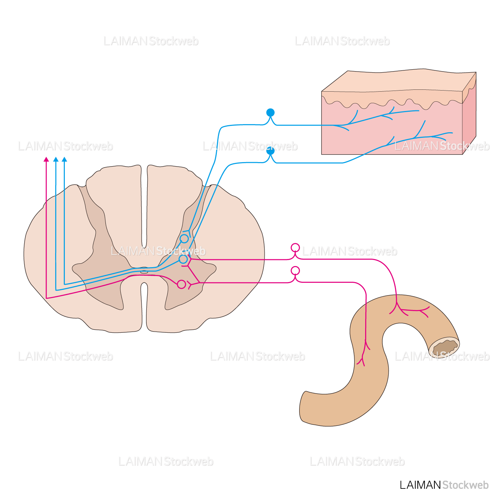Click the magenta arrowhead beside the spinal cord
[x=46, y=159]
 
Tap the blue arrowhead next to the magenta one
[x=56, y=159]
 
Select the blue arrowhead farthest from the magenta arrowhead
[x=64, y=159]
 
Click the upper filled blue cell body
[x=271, y=113]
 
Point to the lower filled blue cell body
[x=271, y=151]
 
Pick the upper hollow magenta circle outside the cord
[x=295, y=248]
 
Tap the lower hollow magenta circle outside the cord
[x=295, y=271]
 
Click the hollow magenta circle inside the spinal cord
[x=181, y=284]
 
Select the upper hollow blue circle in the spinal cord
[x=184, y=238]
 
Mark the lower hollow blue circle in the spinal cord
[x=183, y=259]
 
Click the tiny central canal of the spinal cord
[x=144, y=272]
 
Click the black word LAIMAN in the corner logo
[x=420, y=485]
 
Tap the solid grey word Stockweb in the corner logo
[x=465, y=485]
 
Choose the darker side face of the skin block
[x=469, y=119]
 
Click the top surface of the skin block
[x=391, y=80]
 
